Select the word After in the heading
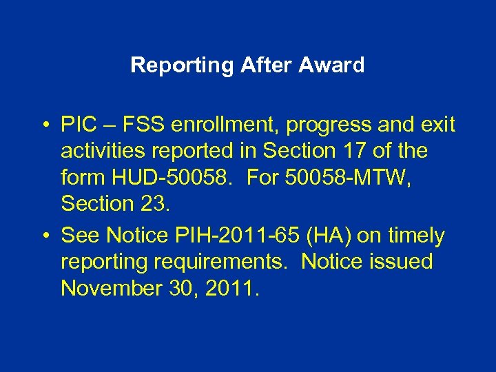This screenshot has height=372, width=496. [267, 66]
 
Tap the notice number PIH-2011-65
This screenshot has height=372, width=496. [229, 236]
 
